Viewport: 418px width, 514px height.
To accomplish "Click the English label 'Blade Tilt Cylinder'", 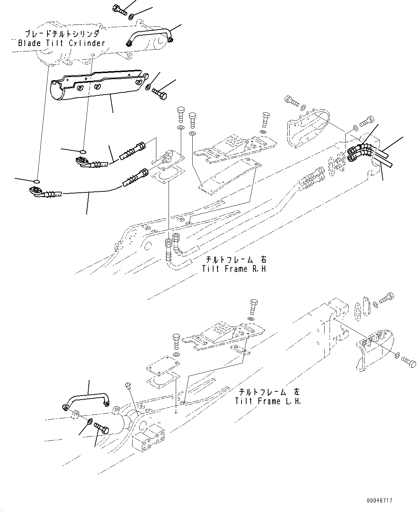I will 61,43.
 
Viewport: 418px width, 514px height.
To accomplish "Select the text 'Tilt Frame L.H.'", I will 268,401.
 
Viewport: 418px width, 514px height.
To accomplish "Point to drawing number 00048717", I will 380,501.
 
